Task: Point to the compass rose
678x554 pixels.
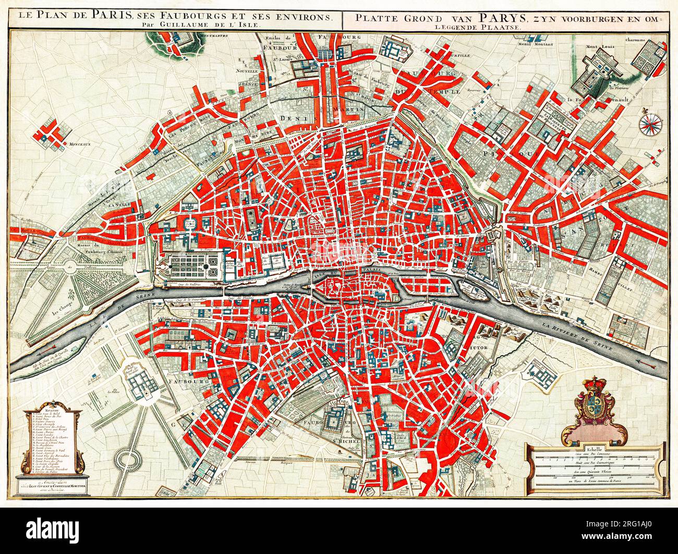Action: [x=650, y=124]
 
